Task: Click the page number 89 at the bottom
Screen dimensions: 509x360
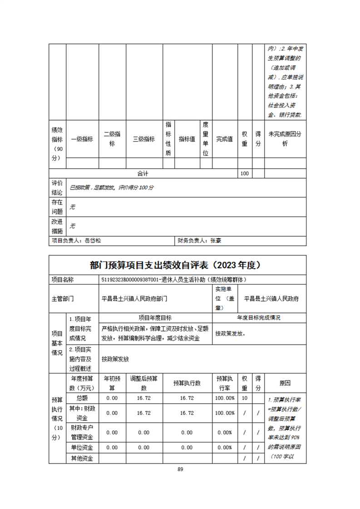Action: click(180, 469)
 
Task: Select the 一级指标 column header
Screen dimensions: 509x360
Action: click(82, 139)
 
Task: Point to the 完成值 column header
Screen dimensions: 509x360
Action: click(224, 139)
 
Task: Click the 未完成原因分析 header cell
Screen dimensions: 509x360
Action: click(285, 139)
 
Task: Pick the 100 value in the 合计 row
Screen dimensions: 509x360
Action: click(244, 174)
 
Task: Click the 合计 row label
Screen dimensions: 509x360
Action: click(143, 174)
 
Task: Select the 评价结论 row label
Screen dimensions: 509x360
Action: click(57, 187)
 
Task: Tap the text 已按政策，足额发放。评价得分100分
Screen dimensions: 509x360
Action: click(112, 187)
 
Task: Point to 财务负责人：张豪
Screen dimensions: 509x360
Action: click(200, 241)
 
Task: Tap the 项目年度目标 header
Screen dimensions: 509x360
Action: click(155, 318)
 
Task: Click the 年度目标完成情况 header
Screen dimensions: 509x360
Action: click(259, 318)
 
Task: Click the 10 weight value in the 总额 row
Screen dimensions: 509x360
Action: click(244, 398)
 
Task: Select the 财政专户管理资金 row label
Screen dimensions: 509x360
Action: click(82, 432)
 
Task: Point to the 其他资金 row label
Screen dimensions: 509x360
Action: click(82, 458)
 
